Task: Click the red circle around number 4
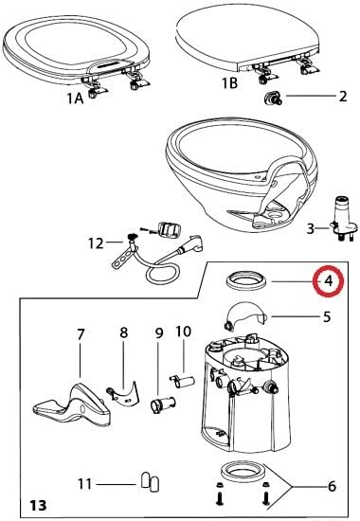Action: [327, 281]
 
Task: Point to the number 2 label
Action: [343, 98]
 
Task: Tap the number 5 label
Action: [327, 317]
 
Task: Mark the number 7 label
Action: [81, 335]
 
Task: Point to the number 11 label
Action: [84, 483]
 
